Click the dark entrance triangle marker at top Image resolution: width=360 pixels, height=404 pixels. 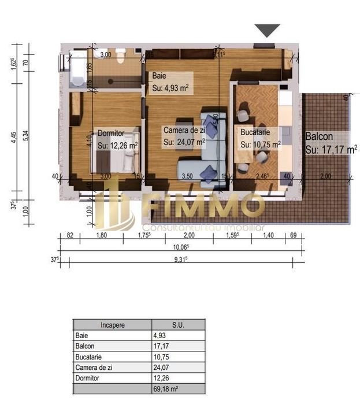tap(267, 30)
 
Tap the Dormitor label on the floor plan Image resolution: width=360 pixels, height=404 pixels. tap(111, 133)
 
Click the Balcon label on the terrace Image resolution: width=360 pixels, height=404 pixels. tap(318, 137)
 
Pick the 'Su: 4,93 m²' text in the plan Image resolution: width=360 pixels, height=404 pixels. tap(171, 88)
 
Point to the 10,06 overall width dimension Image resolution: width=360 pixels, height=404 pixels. tap(181, 246)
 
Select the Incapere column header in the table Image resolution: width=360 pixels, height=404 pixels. tap(112, 325)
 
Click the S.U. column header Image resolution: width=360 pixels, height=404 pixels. tap(178, 325)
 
